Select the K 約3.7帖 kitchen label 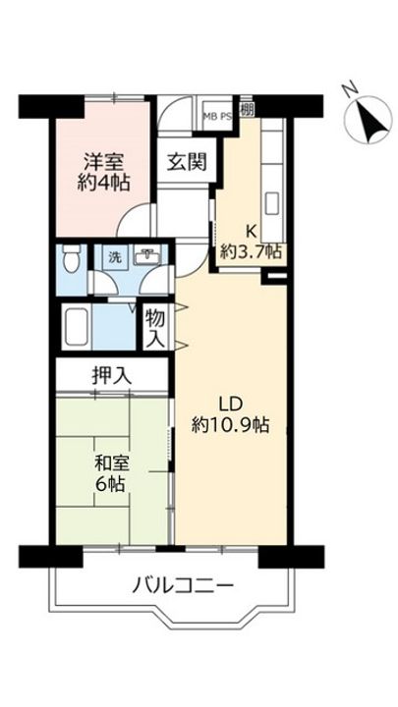coord(251,241)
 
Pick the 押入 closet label coord(113,375)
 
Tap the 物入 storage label coord(154,327)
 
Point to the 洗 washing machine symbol coord(113,256)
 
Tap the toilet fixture coord(71,260)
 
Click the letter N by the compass coord(348,91)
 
